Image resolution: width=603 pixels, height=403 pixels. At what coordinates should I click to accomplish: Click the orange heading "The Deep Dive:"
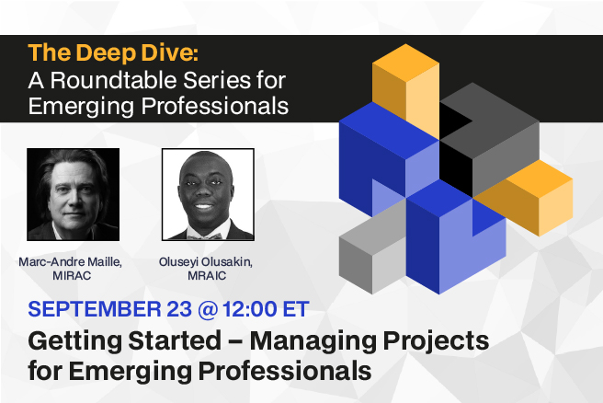(x=113, y=52)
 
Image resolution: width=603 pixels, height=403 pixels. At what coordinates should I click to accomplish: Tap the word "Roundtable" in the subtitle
(x=113, y=80)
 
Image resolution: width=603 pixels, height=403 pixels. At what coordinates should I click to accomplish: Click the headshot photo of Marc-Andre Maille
(x=73, y=194)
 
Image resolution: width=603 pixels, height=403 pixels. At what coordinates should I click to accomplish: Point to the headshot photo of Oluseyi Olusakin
(x=208, y=194)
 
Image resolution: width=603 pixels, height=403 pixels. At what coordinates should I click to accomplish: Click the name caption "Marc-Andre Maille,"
(x=71, y=262)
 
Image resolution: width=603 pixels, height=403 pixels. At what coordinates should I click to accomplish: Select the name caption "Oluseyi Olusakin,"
(x=206, y=262)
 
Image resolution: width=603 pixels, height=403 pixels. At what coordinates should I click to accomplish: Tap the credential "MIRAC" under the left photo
(x=72, y=276)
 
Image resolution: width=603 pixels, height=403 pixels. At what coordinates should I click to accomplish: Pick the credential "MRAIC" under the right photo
(x=207, y=276)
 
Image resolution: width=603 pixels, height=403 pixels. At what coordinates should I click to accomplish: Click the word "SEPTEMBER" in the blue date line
(x=95, y=309)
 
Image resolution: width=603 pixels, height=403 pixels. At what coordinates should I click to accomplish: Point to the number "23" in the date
(x=179, y=309)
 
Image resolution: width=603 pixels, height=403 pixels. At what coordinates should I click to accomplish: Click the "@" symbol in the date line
(x=208, y=309)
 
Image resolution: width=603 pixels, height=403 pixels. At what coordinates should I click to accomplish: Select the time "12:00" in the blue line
(x=250, y=309)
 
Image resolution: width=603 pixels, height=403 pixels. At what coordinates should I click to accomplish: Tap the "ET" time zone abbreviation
(x=296, y=309)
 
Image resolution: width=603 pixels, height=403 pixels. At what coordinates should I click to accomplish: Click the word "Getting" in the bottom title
(x=75, y=341)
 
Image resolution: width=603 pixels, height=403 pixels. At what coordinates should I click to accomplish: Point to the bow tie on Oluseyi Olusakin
(x=205, y=236)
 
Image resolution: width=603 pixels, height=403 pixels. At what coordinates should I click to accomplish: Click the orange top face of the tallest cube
(x=405, y=63)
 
